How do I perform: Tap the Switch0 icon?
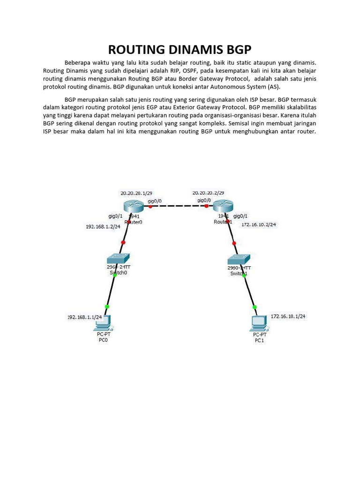coord(119,259)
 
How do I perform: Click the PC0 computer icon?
coord(103,322)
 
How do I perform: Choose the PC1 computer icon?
coord(259,323)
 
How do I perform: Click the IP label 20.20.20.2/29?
coord(208,193)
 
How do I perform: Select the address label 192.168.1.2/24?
coord(103,226)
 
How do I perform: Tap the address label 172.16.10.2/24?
coord(258,225)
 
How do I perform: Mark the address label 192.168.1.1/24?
coord(85,317)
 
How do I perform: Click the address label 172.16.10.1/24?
coord(288,316)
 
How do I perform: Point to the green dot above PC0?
coord(107,307)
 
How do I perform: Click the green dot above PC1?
coord(255,307)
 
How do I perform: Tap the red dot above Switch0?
coord(123,242)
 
